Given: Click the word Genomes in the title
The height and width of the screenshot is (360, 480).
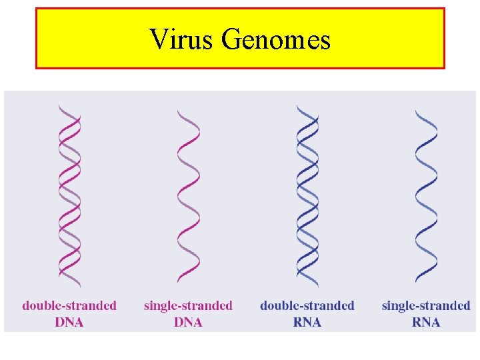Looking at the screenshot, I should [x=275, y=40].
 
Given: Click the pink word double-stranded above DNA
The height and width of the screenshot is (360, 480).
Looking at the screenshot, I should [x=69, y=306].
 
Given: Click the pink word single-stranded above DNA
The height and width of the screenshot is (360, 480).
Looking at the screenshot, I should [x=188, y=306].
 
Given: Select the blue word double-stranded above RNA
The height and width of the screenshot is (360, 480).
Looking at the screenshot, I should [x=307, y=306].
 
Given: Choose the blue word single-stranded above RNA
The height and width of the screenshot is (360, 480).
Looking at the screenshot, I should [x=426, y=306].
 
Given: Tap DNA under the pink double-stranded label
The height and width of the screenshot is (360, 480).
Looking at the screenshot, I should [x=69, y=322].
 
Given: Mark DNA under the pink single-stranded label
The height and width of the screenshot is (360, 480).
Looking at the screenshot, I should [x=188, y=322].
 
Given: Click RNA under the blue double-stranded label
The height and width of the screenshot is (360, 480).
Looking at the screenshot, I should [x=307, y=322].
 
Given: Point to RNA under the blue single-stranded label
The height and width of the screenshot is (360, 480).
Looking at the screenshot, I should [x=426, y=322].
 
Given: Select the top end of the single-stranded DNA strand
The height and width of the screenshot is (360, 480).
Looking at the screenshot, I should [x=180, y=111].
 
